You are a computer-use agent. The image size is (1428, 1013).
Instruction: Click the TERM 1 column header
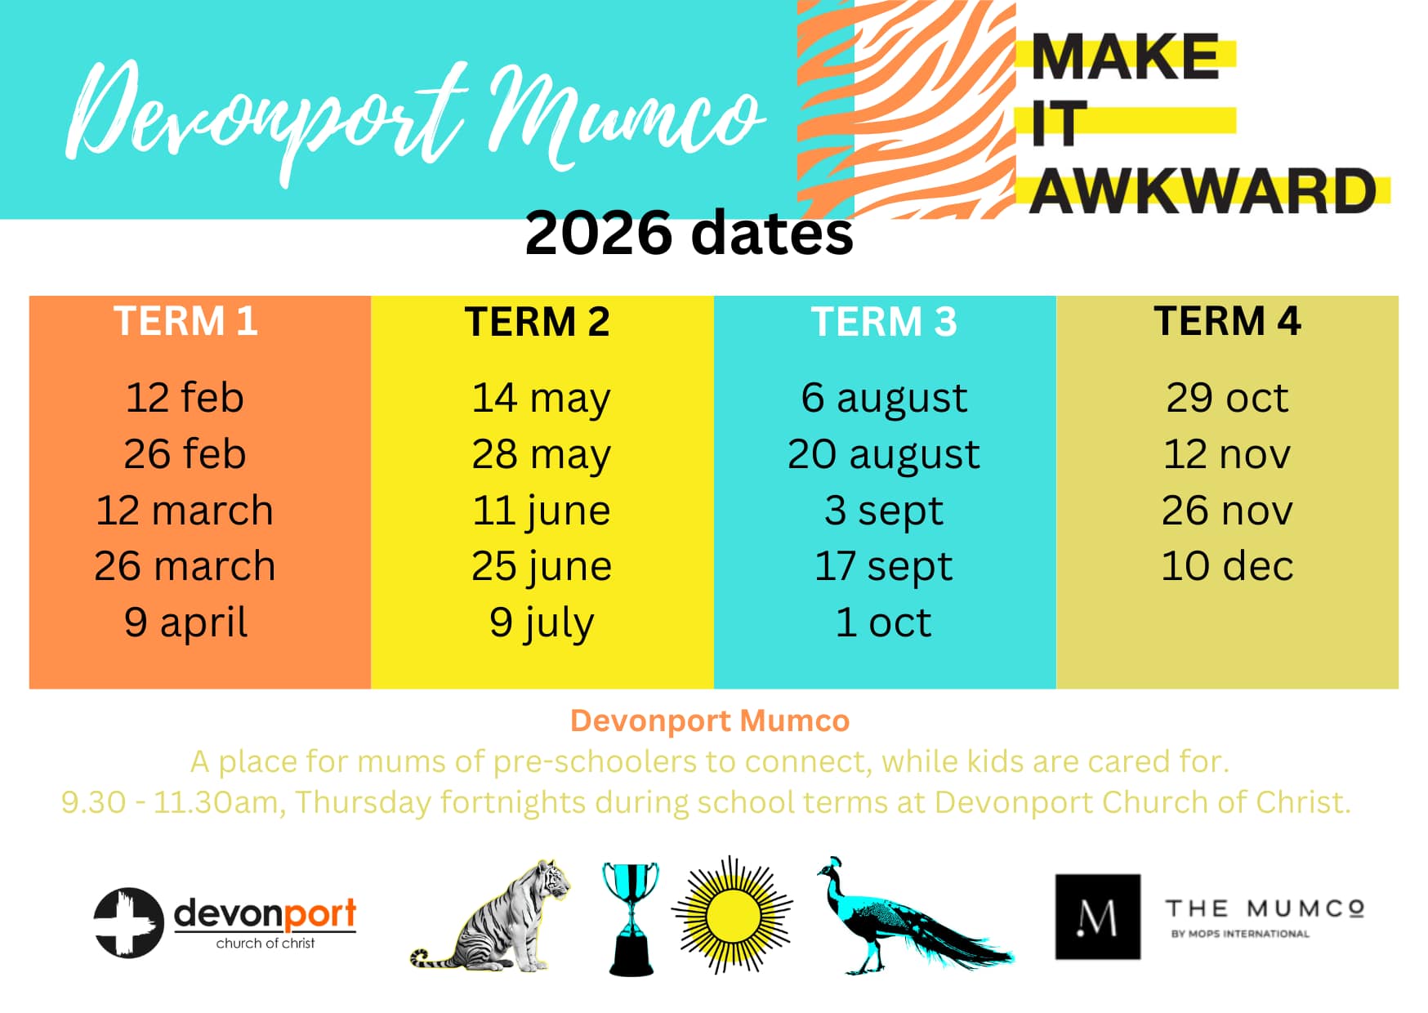[185, 320]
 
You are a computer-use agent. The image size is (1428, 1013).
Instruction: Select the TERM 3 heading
[883, 321]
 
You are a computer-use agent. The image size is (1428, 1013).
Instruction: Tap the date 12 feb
[185, 398]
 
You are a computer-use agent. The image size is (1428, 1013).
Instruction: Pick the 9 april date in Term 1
[185, 623]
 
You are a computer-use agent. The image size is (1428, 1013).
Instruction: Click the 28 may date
[541, 454]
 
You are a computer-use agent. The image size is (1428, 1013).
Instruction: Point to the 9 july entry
[541, 623]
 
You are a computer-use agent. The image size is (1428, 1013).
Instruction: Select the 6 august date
[883, 398]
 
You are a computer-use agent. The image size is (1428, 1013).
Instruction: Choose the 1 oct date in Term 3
[883, 623]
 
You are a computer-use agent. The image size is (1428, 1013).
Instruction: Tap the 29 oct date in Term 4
[1226, 398]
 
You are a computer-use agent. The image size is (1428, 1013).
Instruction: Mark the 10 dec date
[1226, 566]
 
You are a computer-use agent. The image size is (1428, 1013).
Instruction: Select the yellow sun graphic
[731, 915]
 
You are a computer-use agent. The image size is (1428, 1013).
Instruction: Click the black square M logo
[1097, 916]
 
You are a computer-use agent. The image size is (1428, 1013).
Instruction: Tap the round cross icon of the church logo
[128, 922]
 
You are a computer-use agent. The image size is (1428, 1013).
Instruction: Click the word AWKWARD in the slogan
[1203, 191]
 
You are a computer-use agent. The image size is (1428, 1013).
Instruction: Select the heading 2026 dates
[689, 233]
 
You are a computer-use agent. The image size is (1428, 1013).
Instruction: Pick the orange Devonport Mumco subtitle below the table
[710, 721]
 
